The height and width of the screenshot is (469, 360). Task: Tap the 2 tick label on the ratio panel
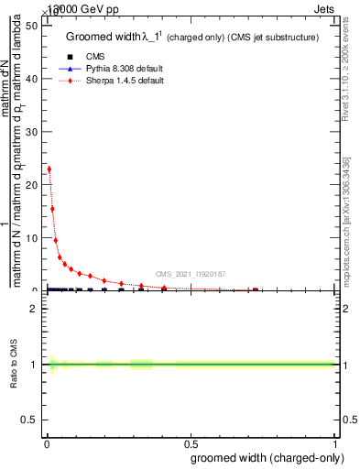point(35,309)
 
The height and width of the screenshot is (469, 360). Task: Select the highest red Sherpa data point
point(49,169)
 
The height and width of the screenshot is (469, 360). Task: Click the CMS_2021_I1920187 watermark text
point(190,274)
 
